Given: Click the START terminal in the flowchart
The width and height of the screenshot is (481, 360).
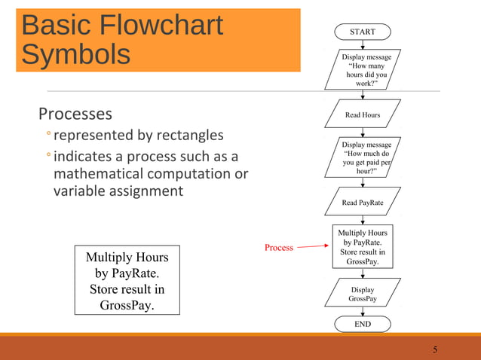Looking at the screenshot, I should tap(362, 32).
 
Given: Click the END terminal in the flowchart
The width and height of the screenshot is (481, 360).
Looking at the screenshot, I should tap(362, 324).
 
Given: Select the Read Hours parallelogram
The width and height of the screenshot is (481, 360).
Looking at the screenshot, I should tap(362, 115).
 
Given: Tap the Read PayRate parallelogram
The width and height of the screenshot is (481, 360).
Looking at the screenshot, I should tap(362, 203).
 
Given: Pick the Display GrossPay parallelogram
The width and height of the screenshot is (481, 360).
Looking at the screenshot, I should tap(362, 294).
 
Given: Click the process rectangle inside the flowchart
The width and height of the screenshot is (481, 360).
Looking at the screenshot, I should tap(363, 246).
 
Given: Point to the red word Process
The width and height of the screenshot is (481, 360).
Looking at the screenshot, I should tap(278, 248).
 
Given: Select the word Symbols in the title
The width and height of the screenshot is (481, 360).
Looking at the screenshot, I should tap(75, 55).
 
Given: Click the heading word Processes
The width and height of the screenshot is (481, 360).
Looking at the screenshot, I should tap(75, 114).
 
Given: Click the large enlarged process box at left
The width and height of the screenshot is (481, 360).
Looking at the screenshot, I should tap(127, 279).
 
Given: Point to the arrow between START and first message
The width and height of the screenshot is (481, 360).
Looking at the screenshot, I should tap(363, 45).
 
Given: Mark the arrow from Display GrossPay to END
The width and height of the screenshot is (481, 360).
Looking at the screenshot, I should tap(363, 311).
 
